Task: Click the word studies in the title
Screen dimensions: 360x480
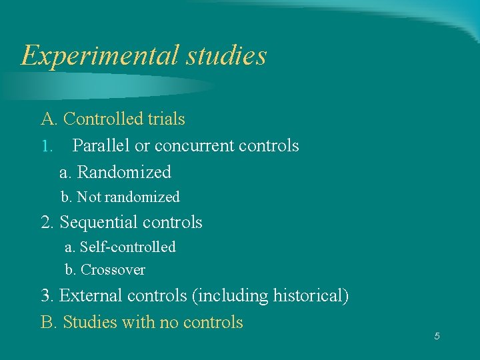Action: click(226, 55)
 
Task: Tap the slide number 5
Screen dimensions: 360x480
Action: click(437, 336)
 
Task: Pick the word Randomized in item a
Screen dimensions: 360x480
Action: click(124, 172)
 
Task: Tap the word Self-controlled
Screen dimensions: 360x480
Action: click(127, 247)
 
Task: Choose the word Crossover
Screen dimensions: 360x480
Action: click(113, 270)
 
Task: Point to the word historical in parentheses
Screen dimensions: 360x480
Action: click(310, 295)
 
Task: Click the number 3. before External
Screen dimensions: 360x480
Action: click(47, 295)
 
